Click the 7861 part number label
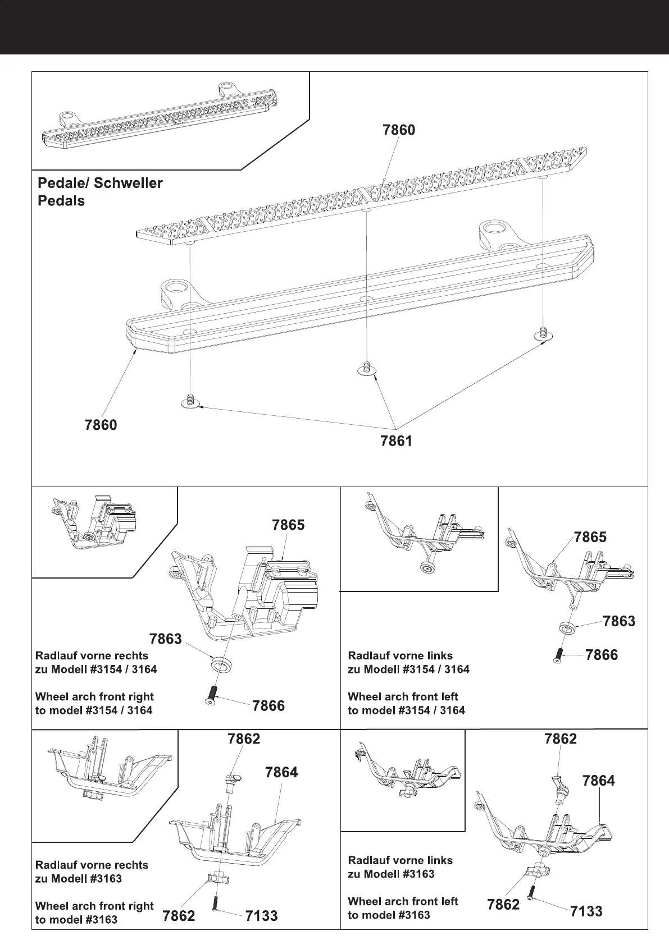[396, 441]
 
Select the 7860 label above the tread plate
[398, 130]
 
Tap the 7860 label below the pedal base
[101, 425]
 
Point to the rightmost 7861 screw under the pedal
[543, 334]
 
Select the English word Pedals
[61, 201]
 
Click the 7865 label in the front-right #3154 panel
[288, 525]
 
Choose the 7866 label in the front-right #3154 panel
[268, 706]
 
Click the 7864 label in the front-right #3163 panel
[281, 773]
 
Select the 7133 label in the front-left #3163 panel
[586, 911]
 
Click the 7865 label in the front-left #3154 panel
[590, 537]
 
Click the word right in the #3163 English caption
[140, 906]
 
